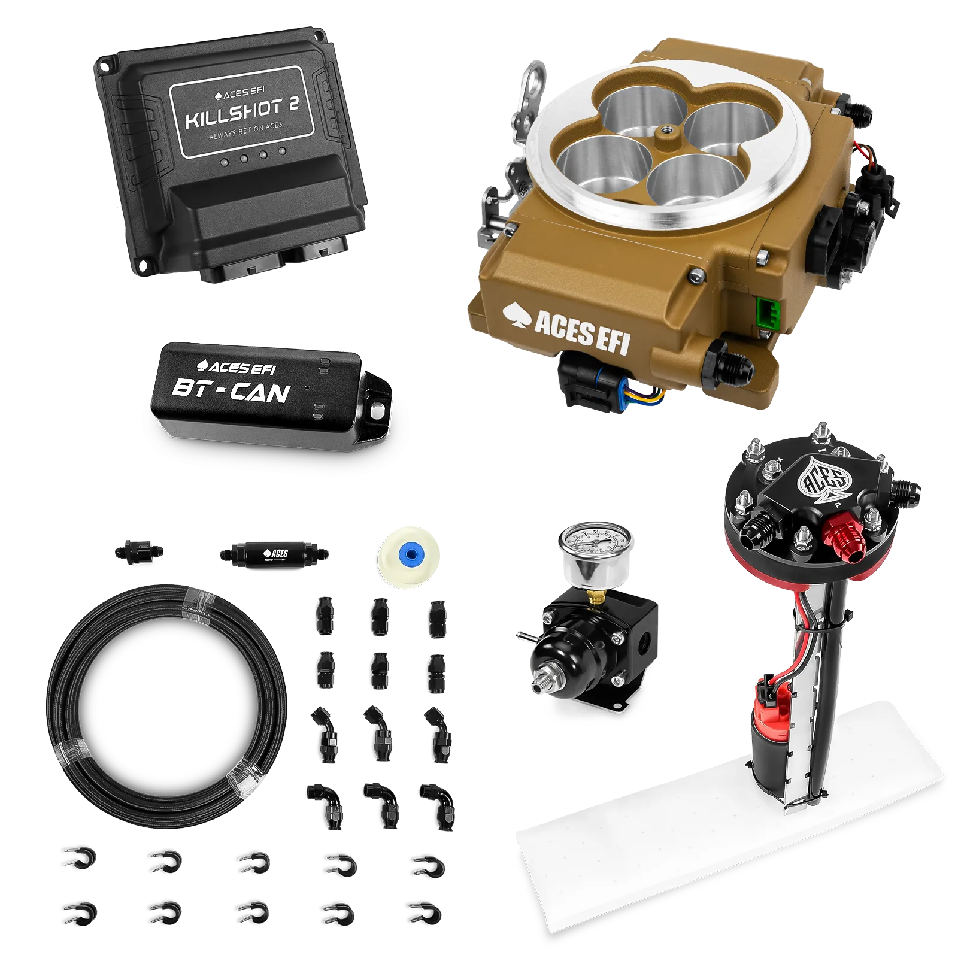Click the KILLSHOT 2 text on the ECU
(242, 113)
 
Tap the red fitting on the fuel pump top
(838, 530)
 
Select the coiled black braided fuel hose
(165, 707)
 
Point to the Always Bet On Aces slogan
(247, 132)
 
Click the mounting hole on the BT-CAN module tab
(377, 410)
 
